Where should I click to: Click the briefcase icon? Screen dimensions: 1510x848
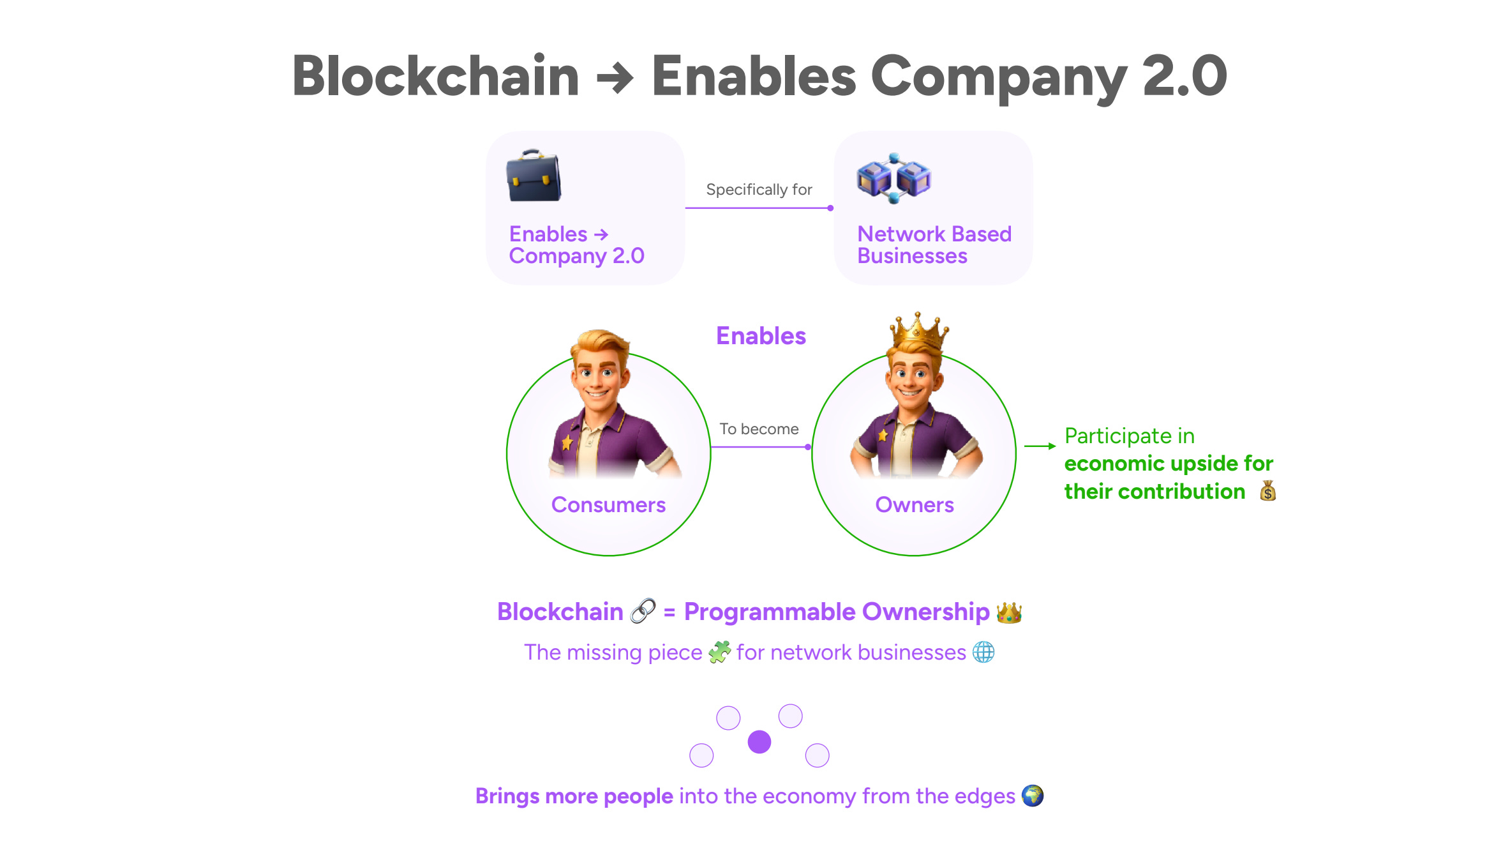click(534, 176)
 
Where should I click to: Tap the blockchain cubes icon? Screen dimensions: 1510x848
click(893, 178)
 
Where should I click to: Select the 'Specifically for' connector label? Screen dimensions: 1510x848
click(759, 190)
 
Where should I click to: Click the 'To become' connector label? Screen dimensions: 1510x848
click(759, 429)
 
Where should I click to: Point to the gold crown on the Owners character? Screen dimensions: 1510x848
click(918, 331)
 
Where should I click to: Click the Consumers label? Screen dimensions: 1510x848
click(608, 505)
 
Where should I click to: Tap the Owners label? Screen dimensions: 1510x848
click(914, 505)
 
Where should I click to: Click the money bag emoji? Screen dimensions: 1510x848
click(1267, 491)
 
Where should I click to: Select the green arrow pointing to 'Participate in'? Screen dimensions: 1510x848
click(1040, 446)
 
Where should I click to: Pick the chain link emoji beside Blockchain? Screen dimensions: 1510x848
click(643, 611)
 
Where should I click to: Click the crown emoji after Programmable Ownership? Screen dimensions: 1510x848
click(1009, 612)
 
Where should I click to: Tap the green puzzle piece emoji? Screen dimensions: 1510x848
click(719, 652)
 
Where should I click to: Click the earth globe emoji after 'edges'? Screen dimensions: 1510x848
click(1032, 796)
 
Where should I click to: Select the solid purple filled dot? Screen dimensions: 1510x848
click(759, 742)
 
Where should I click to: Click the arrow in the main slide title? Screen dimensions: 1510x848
click(615, 79)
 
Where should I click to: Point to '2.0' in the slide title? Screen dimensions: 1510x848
click(1185, 76)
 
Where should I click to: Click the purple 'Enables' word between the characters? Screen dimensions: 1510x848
click(761, 336)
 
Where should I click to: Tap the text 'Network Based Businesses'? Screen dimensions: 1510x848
click(934, 245)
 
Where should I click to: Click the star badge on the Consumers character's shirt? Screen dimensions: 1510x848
click(567, 442)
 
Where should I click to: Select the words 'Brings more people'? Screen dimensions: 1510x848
click(574, 796)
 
